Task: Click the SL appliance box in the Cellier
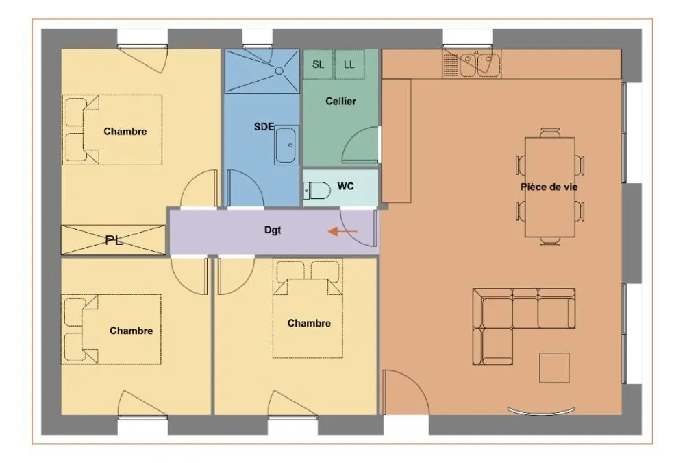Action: tap(318, 64)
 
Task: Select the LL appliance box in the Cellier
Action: tap(349, 64)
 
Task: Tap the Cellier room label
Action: tap(340, 101)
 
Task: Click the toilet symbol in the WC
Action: tap(317, 191)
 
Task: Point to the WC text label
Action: tap(345, 186)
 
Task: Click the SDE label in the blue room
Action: tap(264, 126)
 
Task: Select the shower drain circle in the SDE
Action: tap(279, 71)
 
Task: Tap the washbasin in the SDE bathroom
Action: tap(286, 145)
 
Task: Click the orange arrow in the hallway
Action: tap(343, 231)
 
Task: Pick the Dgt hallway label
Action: tap(273, 230)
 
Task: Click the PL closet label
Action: tap(114, 240)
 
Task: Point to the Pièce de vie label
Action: tap(549, 187)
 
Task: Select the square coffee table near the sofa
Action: tap(554, 368)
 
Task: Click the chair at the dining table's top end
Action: tap(550, 132)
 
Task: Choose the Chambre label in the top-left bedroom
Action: tap(125, 131)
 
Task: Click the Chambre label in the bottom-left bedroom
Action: tap(131, 331)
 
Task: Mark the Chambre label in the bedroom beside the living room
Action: tap(309, 323)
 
